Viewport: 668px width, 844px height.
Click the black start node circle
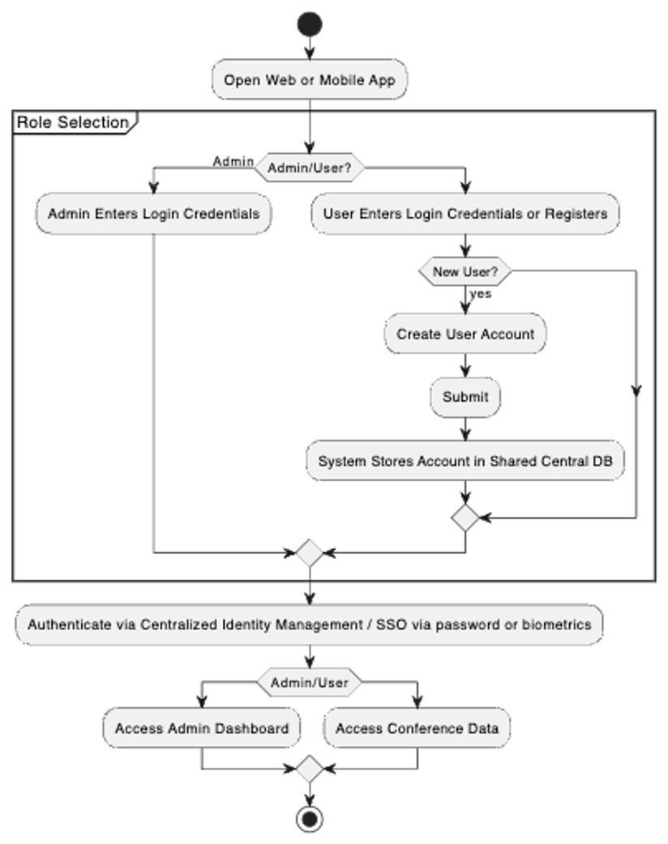click(309, 24)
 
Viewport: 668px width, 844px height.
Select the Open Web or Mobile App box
click(309, 80)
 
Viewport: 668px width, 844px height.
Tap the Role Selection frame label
click(73, 123)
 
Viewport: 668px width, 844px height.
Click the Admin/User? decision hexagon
click(310, 168)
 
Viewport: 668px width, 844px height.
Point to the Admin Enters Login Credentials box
click(153, 215)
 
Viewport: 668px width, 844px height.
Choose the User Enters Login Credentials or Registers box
click(465, 215)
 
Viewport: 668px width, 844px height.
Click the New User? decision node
click(465, 272)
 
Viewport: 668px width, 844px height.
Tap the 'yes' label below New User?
click(481, 294)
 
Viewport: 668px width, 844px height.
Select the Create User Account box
click(465, 334)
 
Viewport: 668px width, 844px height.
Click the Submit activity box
click(465, 397)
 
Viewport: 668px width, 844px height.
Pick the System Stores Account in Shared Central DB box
click(465, 461)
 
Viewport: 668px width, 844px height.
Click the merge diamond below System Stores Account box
click(465, 517)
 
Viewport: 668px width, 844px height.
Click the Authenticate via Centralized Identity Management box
click(309, 624)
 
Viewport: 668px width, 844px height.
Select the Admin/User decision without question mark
click(310, 683)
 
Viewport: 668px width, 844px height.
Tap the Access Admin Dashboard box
click(201, 728)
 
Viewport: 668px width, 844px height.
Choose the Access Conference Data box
click(417, 728)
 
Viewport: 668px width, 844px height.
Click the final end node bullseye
click(310, 819)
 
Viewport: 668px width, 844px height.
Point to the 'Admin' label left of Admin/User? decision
click(233, 162)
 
